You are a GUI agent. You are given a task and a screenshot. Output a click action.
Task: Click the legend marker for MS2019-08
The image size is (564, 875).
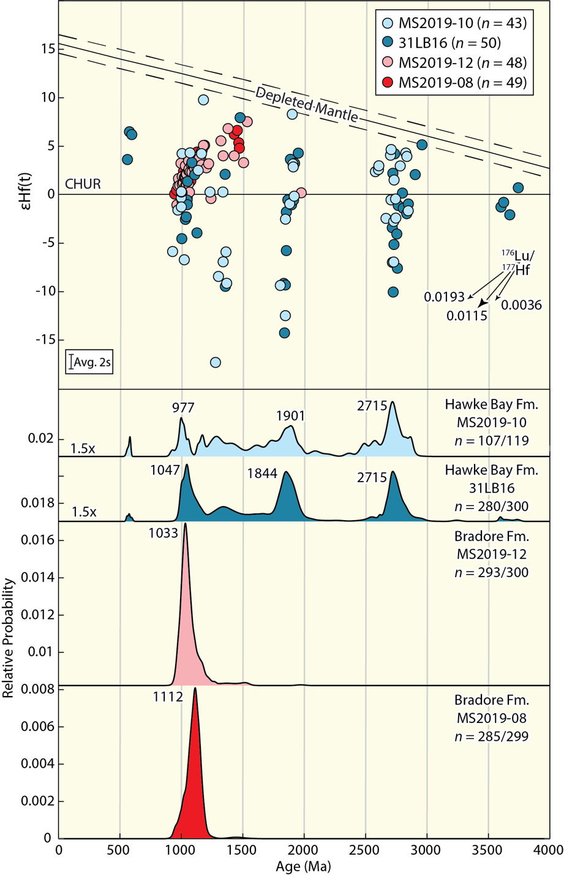point(386,82)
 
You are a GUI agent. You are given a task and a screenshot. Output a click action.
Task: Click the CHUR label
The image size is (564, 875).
point(83,184)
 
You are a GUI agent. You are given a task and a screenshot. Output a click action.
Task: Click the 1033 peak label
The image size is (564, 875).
point(163,533)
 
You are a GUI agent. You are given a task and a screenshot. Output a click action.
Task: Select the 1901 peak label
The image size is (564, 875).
point(290,416)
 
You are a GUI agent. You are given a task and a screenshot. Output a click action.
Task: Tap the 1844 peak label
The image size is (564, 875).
point(262,474)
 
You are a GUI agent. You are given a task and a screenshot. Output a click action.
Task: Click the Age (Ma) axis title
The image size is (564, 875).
point(304,866)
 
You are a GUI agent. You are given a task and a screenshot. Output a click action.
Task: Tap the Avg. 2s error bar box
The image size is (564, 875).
point(89,362)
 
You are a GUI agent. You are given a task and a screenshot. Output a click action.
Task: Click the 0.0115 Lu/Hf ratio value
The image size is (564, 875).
point(467,316)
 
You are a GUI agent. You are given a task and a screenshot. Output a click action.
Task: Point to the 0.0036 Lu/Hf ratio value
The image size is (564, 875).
point(522,305)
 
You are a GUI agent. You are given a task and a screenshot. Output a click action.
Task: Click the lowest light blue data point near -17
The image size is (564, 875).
point(215,362)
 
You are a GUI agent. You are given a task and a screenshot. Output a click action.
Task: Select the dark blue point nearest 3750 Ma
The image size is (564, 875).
point(518,187)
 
